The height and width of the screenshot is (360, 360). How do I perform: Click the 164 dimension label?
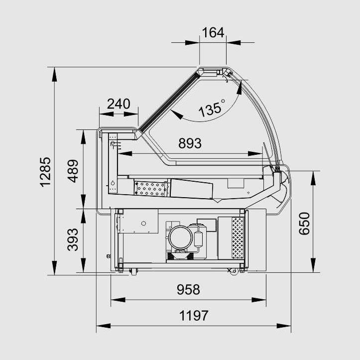pyautogui.click(x=213, y=32)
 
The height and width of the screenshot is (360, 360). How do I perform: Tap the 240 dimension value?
pyautogui.click(x=119, y=104)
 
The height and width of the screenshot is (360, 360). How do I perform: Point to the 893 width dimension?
pyautogui.click(x=190, y=143)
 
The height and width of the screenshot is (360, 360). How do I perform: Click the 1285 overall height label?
pyautogui.click(x=45, y=172)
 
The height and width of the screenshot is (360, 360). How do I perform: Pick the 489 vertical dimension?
pyautogui.click(x=73, y=171)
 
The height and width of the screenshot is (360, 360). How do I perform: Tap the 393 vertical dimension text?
pyautogui.click(x=73, y=240)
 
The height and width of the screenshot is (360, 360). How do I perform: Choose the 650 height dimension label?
pyautogui.click(x=304, y=224)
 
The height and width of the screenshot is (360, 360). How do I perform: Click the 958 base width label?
pyautogui.click(x=188, y=289)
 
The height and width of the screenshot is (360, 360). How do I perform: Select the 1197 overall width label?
pyautogui.click(x=194, y=316)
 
